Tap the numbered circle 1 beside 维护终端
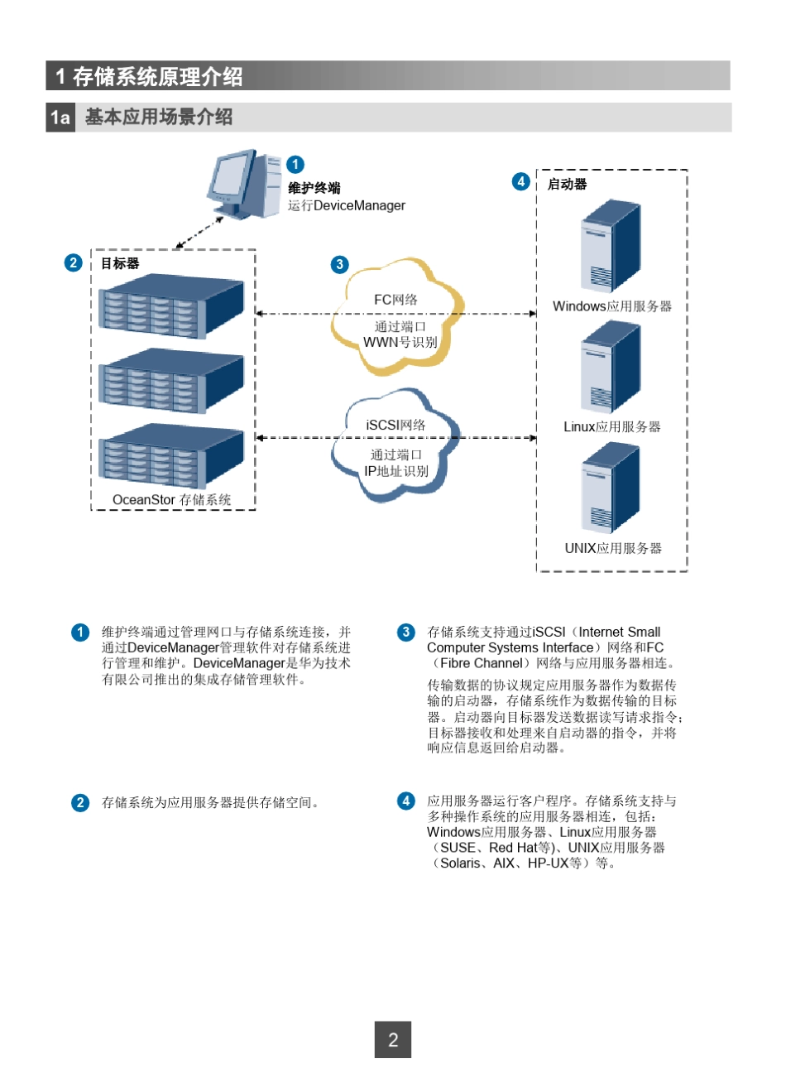coord(295,165)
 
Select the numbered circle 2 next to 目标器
coord(74,263)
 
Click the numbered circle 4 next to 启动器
coord(520,181)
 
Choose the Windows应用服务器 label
coord(612,306)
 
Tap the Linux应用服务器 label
coord(612,427)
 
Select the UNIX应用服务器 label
coord(613,548)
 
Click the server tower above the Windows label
coord(611,246)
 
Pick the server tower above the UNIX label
coord(611,488)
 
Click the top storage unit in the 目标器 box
coord(172,306)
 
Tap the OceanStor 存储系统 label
coord(172,500)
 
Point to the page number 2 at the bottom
coord(393,1040)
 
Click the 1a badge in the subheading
coord(60,118)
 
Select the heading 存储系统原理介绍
coord(157,77)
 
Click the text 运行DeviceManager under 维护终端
coord(347,206)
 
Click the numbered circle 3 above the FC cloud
coord(339,265)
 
